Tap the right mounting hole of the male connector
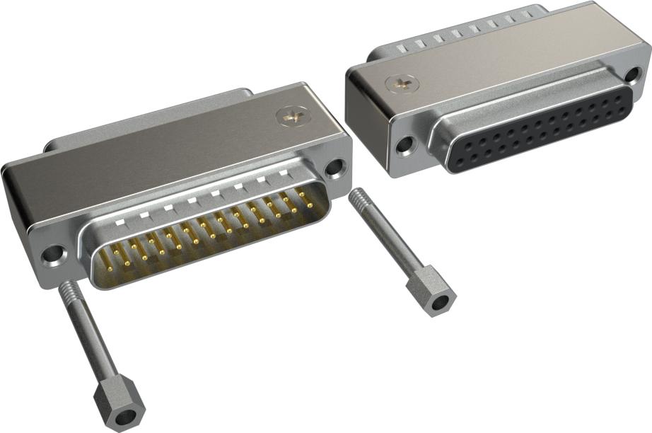coord(334,168)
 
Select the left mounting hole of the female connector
coord(405,146)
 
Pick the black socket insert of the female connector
coord(537,131)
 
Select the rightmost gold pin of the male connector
coord(310,205)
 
